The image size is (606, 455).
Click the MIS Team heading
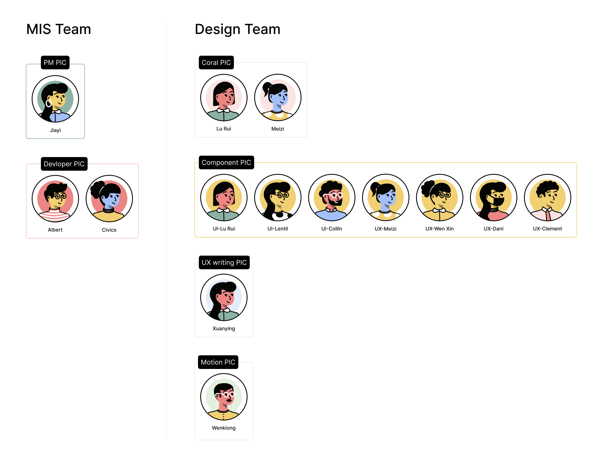[x=59, y=29]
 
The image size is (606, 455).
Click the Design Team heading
[x=238, y=29]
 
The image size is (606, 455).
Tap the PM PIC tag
[x=55, y=62]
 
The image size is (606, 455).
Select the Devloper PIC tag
[x=64, y=164]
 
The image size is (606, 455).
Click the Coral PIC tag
[x=216, y=62]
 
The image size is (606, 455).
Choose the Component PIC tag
[x=226, y=162]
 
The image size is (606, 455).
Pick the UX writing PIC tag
[x=224, y=262]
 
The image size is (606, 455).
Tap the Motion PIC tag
[x=218, y=362]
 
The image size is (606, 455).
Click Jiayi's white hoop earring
[x=49, y=103]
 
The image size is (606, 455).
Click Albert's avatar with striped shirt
[x=55, y=199]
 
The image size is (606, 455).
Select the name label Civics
[x=109, y=230]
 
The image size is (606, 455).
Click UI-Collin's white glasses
[x=335, y=196]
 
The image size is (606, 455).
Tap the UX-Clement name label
[x=547, y=229]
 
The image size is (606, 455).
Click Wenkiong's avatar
[x=224, y=397]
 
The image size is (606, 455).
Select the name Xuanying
[x=224, y=329]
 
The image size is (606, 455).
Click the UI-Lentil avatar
[x=278, y=197]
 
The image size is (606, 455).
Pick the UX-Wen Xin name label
[x=439, y=229]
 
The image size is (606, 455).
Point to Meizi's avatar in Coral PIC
[x=278, y=97]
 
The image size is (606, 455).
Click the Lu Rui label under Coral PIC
[x=224, y=129]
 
